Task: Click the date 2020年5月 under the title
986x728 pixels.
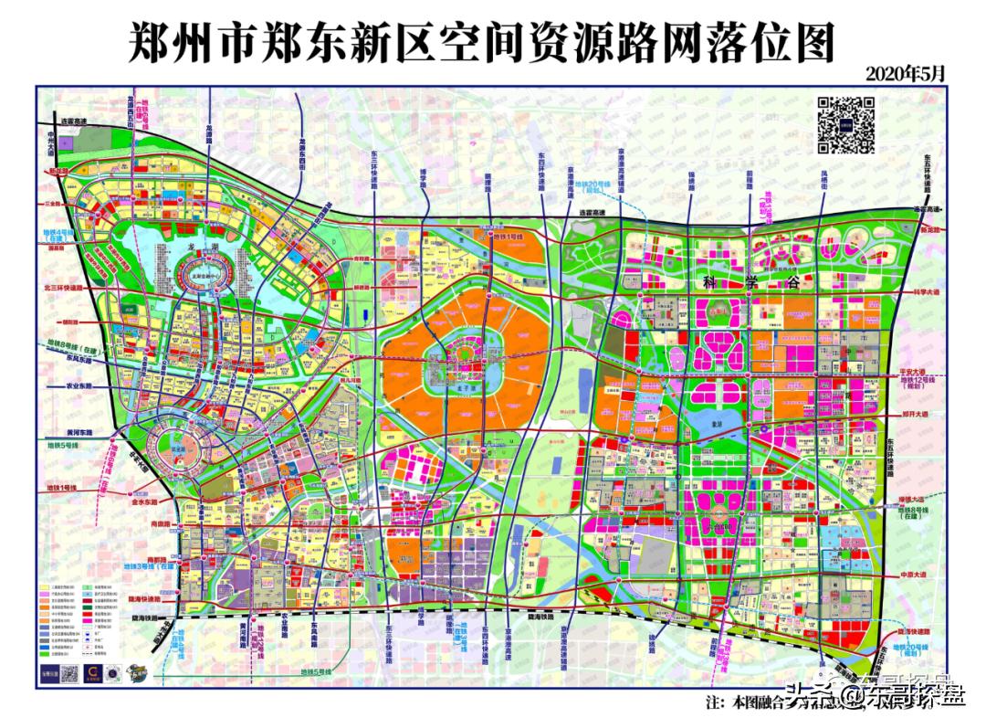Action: pos(906,73)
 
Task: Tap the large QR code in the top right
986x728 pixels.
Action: pos(845,124)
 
